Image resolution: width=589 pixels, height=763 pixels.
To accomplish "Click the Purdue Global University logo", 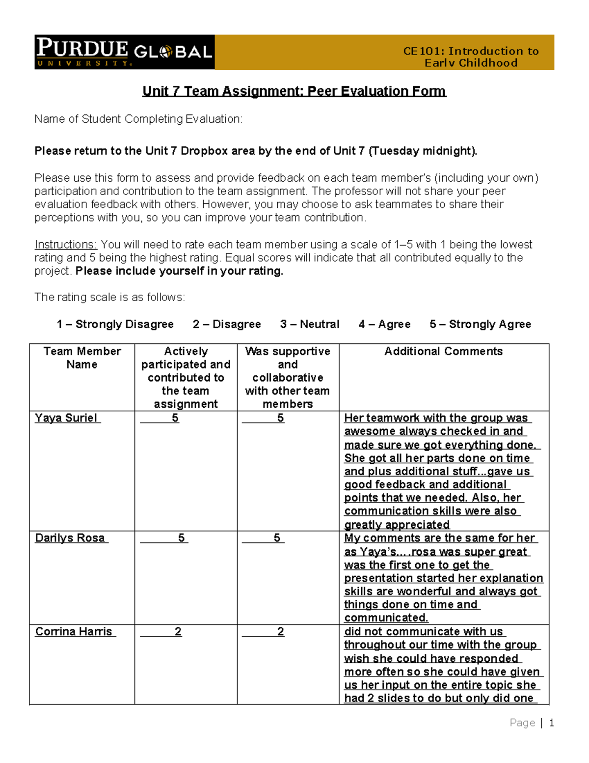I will (x=124, y=52).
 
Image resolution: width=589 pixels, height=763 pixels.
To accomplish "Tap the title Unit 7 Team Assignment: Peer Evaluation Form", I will (x=294, y=91).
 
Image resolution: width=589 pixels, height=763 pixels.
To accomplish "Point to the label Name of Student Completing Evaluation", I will (x=138, y=119).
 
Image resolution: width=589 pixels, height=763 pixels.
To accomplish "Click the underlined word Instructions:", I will (x=66, y=245).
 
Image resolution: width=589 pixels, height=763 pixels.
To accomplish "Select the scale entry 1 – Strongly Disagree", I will (x=115, y=324).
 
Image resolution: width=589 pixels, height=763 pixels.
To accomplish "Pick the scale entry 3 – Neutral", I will (x=310, y=324).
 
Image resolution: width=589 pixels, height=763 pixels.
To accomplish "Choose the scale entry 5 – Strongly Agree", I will (x=480, y=324).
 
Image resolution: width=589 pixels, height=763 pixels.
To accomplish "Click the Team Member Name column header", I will (x=82, y=358).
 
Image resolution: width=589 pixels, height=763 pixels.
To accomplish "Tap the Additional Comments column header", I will (x=443, y=351).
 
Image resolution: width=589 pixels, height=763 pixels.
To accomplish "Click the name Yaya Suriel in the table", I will (x=66, y=418).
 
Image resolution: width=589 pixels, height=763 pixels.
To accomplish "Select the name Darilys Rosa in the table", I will (x=70, y=538).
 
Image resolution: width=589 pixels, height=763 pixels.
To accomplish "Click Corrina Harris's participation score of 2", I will (x=178, y=631).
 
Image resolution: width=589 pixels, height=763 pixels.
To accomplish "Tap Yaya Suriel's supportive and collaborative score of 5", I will (x=280, y=418).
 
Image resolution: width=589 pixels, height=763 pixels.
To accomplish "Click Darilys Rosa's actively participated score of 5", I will (x=181, y=538).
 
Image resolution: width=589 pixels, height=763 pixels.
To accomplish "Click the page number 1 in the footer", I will (x=551, y=723).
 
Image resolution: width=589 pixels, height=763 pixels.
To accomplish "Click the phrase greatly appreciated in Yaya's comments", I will (x=397, y=525).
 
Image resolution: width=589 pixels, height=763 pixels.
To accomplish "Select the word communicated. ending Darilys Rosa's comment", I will (x=386, y=618).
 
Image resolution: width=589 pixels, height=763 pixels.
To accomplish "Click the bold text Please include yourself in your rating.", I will (x=179, y=271).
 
